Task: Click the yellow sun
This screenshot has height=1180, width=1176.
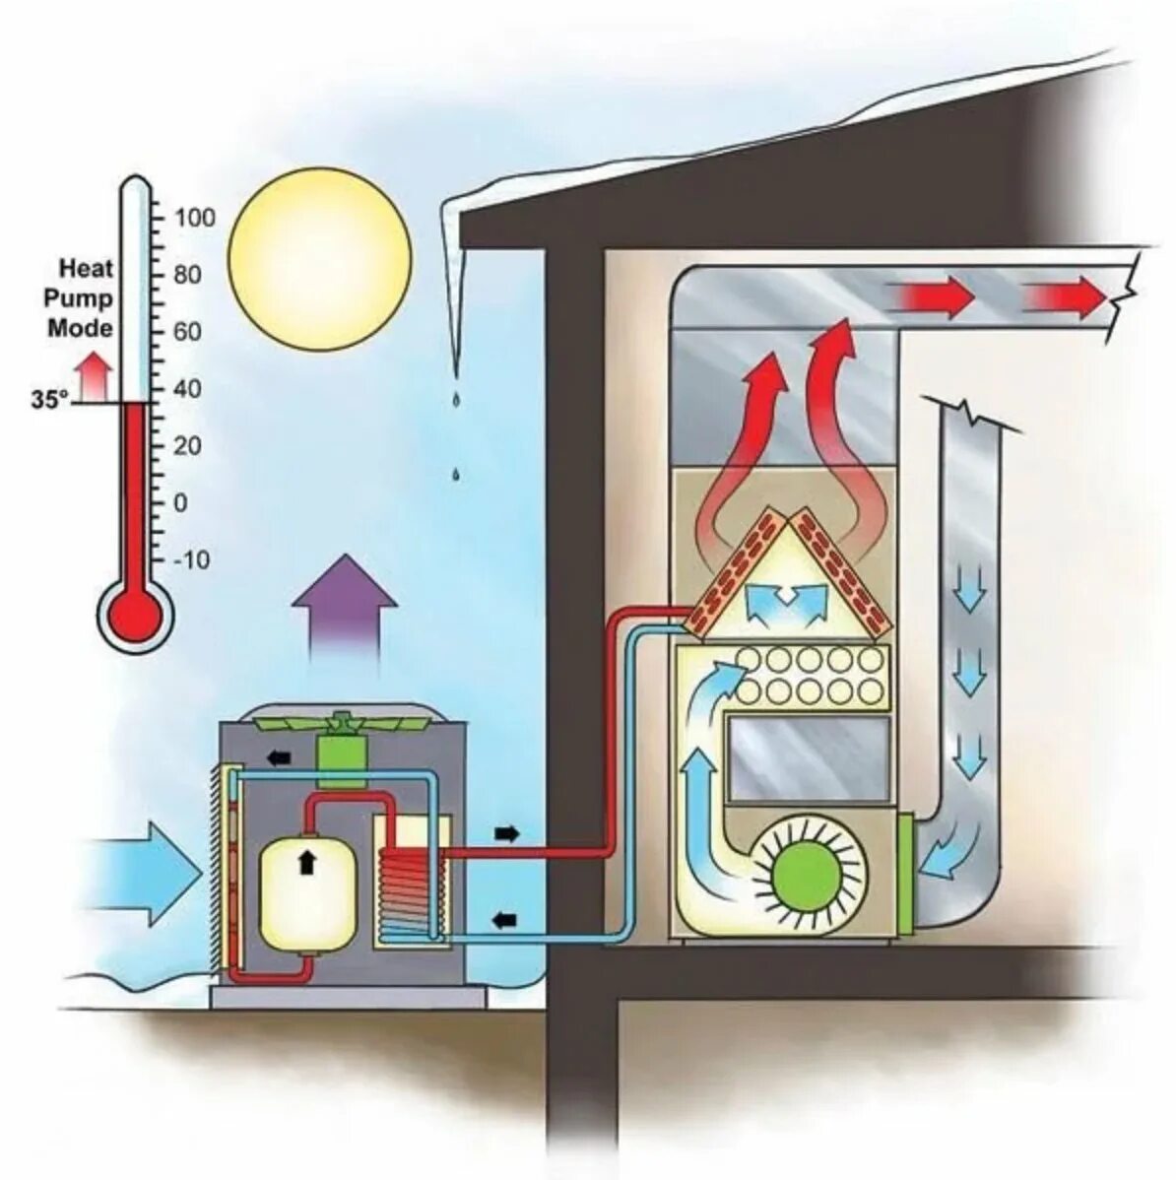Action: tap(319, 259)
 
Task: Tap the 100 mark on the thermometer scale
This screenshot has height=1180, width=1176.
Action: tap(194, 218)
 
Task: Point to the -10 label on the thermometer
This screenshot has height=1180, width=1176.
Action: tap(191, 559)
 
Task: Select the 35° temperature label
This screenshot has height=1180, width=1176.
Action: tap(50, 400)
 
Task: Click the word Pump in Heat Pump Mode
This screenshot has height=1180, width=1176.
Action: tap(82, 297)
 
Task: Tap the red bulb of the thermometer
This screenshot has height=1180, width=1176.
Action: tap(138, 617)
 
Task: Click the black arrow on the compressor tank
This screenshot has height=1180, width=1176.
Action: tap(307, 863)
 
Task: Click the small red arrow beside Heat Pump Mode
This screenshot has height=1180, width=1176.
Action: tap(96, 375)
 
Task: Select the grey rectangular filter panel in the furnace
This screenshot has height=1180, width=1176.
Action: tap(808, 755)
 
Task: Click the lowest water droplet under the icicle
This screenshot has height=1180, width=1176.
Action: tap(455, 475)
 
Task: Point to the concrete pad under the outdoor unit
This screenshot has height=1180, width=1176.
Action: tap(349, 997)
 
